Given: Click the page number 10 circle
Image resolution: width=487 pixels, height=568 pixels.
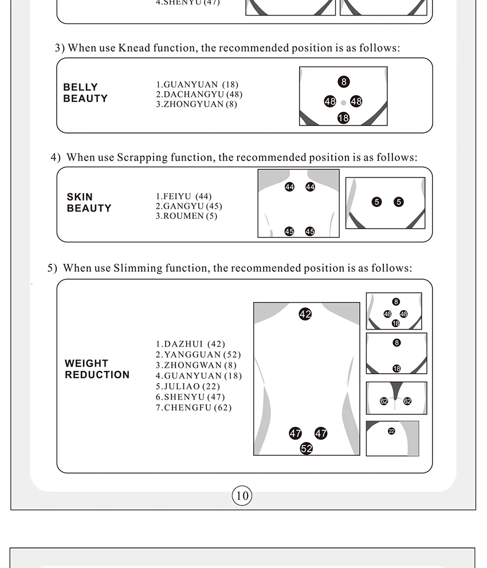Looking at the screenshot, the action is click(x=242, y=496).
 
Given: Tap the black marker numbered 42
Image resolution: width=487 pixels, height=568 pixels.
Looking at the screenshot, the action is click(x=305, y=314).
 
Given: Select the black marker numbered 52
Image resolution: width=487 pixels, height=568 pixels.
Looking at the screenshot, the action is click(x=307, y=448).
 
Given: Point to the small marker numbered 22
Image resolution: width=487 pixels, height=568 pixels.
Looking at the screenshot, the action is click(x=391, y=431).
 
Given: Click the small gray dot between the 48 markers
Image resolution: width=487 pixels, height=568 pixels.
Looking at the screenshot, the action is click(x=343, y=103).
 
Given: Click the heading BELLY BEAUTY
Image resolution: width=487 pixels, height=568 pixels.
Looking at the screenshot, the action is click(x=85, y=93).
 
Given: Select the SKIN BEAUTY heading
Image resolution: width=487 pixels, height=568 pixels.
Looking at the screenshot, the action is click(x=89, y=202).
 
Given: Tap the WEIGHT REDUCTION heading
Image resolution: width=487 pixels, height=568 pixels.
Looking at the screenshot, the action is click(x=97, y=369).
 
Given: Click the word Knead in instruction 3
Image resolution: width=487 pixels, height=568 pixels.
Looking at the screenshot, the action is click(x=134, y=48).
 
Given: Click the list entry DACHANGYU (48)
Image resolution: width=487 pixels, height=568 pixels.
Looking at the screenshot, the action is click(x=199, y=94).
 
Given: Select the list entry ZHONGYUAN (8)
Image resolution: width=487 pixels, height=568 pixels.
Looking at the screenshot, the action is click(x=197, y=104).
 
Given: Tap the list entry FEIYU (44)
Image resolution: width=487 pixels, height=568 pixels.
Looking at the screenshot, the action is click(x=183, y=197).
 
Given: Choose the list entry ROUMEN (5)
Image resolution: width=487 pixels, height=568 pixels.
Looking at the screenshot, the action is click(x=186, y=216).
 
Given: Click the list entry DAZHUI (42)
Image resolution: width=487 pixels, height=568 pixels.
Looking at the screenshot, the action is click(x=190, y=344).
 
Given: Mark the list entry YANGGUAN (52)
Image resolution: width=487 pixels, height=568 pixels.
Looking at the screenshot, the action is click(x=198, y=354).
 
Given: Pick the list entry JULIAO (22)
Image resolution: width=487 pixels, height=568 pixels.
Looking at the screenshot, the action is click(x=188, y=386).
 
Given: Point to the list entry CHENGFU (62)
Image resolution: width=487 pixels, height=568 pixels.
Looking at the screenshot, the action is click(x=194, y=408).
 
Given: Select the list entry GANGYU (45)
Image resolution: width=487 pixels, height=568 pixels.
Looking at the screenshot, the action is click(x=189, y=206).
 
